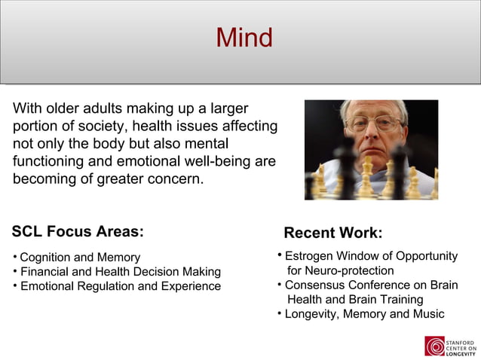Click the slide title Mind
click(x=244, y=37)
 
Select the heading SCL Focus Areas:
click(x=78, y=231)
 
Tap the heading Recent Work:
click(x=332, y=233)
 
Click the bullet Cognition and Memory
click(x=80, y=258)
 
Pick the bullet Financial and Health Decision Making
click(x=120, y=272)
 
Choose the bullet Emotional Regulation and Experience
click(x=120, y=286)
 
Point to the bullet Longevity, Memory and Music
click(x=364, y=314)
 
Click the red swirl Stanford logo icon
click(x=434, y=346)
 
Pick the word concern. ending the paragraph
click(x=177, y=180)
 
